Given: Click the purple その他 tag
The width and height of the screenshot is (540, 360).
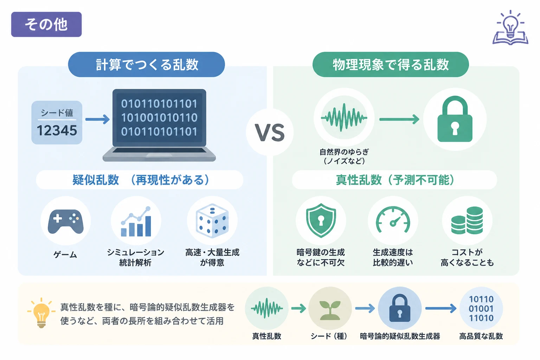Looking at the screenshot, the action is [46, 24].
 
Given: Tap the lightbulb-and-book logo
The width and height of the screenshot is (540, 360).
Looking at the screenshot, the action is [510, 27].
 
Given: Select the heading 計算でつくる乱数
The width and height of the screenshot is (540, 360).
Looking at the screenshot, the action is [147, 64].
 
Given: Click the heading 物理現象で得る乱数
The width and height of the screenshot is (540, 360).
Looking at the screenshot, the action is [391, 64].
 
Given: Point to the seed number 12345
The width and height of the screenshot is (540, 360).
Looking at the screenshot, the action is [57, 131].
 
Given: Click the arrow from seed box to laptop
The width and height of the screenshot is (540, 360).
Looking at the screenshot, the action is [97, 120].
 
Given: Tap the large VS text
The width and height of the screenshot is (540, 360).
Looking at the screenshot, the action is [270, 133].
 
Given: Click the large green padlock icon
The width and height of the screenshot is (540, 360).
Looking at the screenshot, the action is [455, 119].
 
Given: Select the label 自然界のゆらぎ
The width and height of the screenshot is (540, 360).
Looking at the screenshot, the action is [344, 152].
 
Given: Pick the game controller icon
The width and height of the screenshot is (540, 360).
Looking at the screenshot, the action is [66, 221].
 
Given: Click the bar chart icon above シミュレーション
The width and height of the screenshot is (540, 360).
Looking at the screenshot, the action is [136, 221].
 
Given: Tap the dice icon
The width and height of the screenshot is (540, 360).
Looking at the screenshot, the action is [212, 221].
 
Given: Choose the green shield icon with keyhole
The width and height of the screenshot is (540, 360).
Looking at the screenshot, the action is [321, 220].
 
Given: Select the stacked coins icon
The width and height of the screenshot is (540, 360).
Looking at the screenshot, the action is [467, 220].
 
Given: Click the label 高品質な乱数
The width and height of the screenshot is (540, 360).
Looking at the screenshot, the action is [481, 336].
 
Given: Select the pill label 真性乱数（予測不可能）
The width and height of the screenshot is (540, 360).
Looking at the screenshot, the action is [394, 180].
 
